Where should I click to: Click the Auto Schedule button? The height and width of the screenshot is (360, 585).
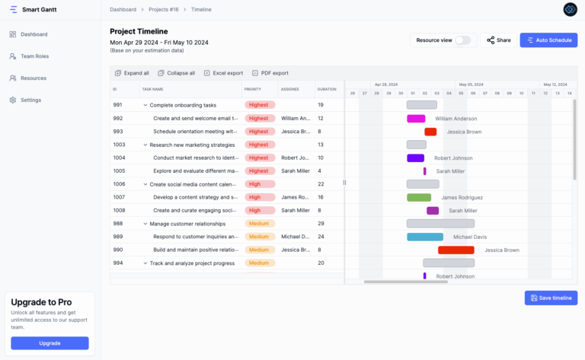click(548, 40)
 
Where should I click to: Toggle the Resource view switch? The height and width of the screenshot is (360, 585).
click(462, 40)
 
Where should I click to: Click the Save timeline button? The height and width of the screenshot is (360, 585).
click(551, 298)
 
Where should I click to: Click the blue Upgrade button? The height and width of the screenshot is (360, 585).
click(50, 342)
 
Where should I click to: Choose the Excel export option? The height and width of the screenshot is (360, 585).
click(223, 73)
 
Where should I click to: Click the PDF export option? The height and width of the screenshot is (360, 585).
click(270, 73)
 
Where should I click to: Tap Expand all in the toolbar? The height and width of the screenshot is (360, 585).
click(132, 73)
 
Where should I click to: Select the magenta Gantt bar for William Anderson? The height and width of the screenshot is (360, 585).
click(416, 119)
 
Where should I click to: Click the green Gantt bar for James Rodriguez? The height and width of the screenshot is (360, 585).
click(419, 198)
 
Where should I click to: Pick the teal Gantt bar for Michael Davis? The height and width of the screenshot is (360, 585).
click(425, 237)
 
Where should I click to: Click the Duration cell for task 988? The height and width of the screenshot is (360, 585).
click(321, 224)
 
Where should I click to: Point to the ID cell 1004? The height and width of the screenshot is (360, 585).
click(120, 158)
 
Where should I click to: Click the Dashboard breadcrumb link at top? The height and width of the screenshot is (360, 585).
click(123, 9)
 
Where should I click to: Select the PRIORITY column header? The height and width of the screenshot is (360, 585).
click(253, 89)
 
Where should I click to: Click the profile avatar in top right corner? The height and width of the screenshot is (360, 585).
click(571, 9)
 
